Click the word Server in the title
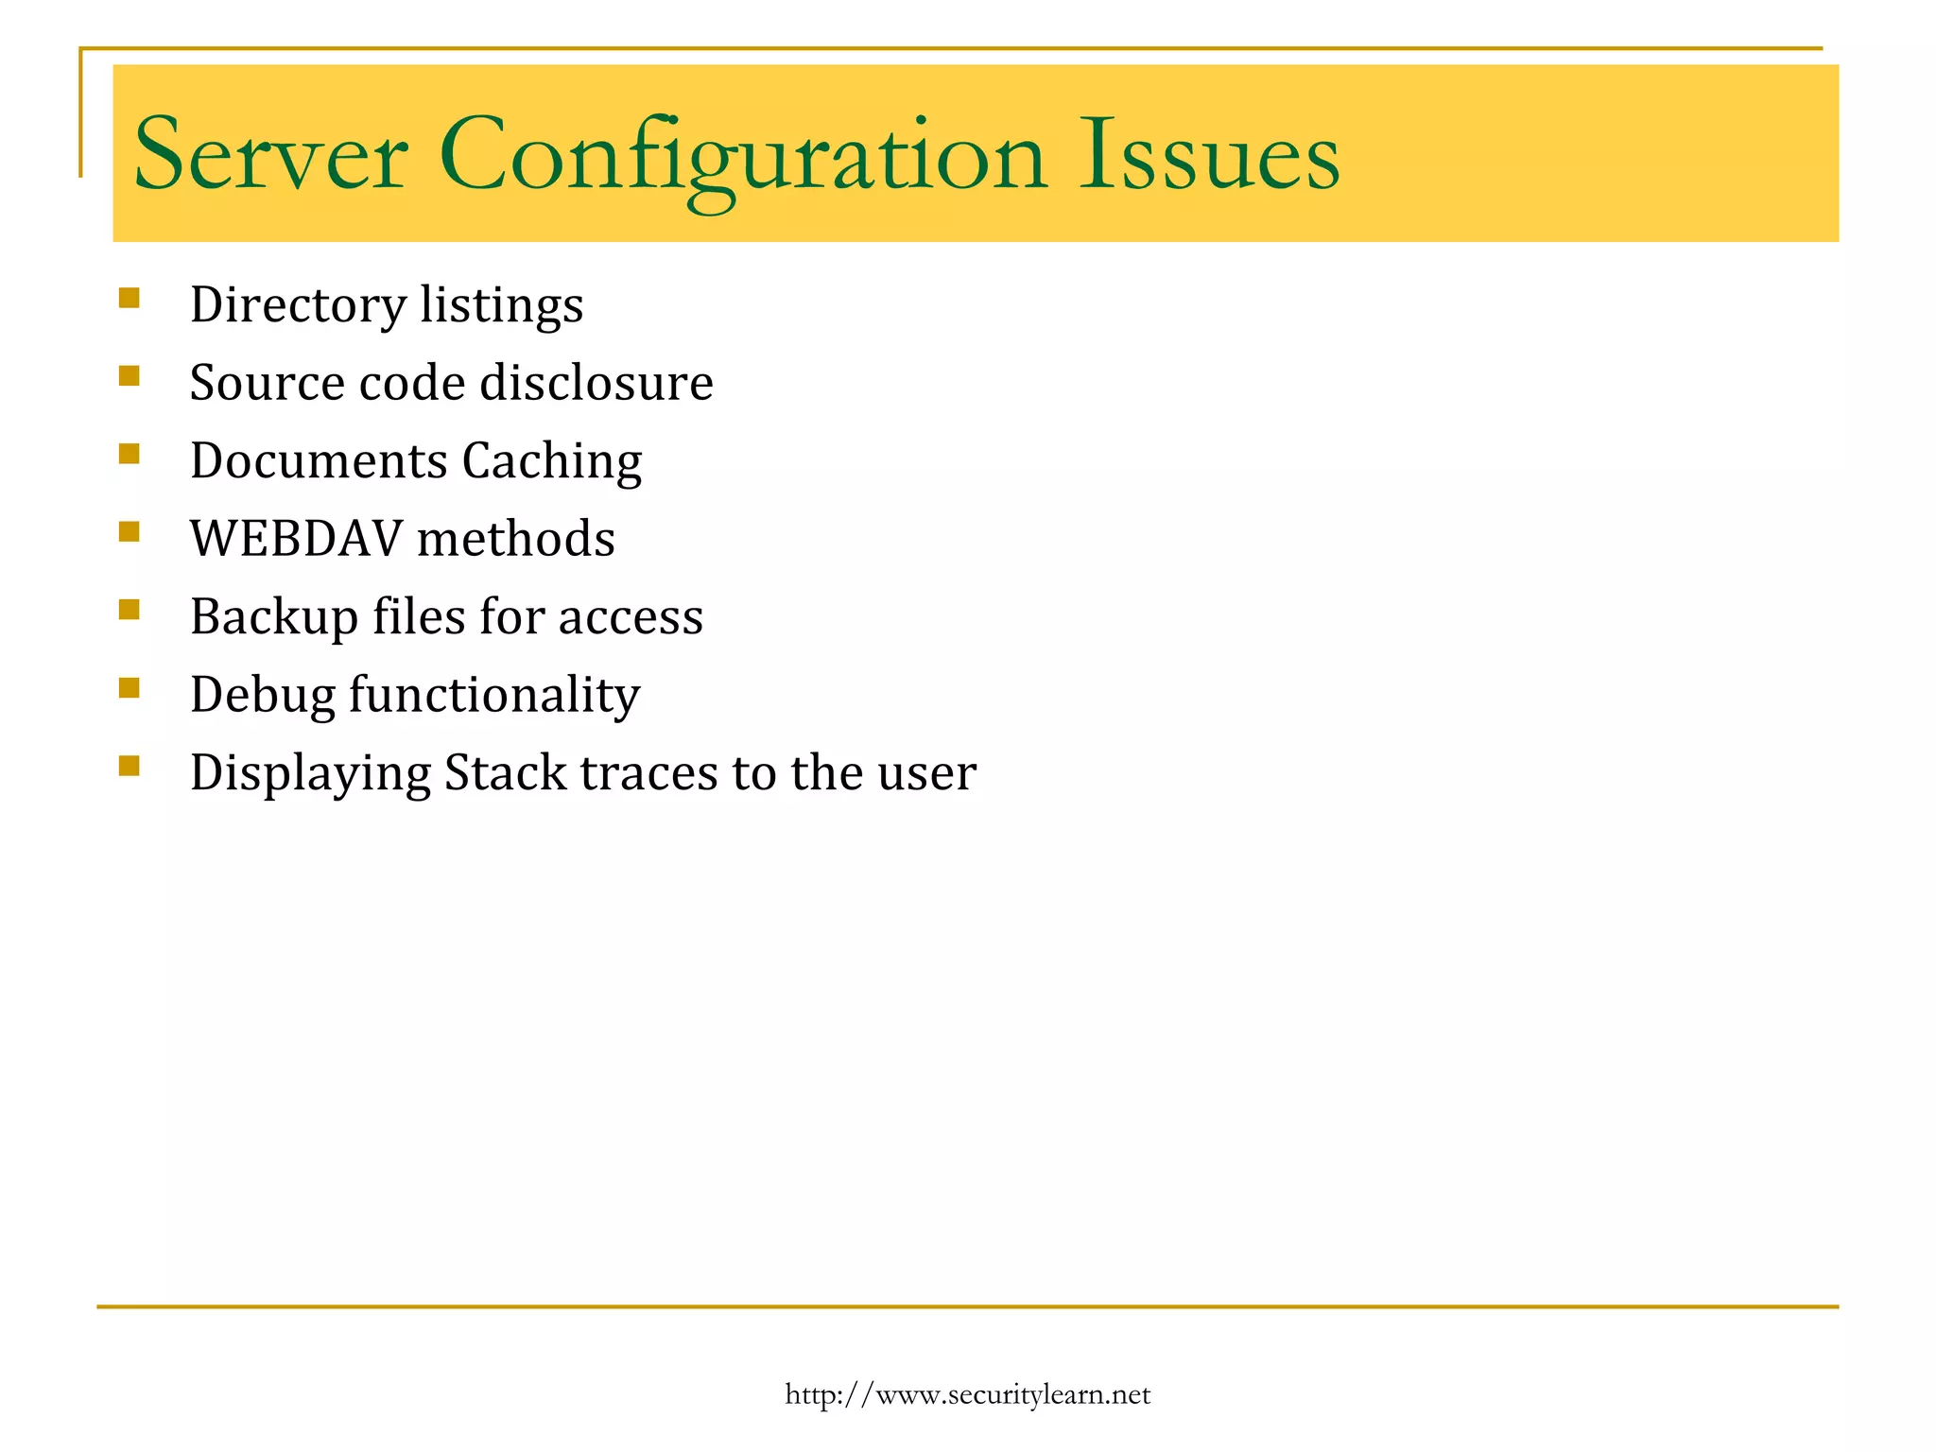point(270,155)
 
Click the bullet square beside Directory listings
point(130,299)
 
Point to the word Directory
point(298,305)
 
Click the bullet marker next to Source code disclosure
point(130,377)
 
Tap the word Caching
point(552,461)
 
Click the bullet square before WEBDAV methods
point(130,532)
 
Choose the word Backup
point(274,617)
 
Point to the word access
point(631,617)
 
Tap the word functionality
point(494,696)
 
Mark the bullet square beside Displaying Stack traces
point(130,766)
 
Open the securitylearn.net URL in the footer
point(967,1394)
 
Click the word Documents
point(319,461)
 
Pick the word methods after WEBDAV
point(516,539)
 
